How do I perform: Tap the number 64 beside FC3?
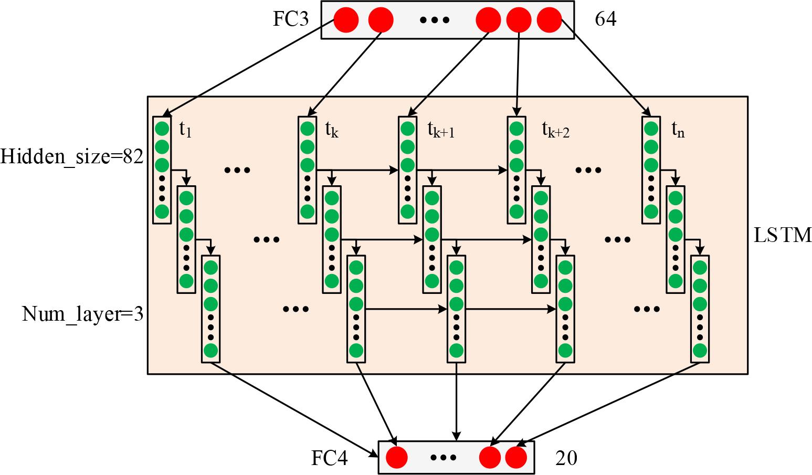pyautogui.click(x=605, y=20)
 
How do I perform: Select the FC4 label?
pyautogui.click(x=330, y=458)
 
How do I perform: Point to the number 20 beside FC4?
pyautogui.click(x=566, y=458)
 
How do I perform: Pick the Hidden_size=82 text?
pyautogui.click(x=72, y=156)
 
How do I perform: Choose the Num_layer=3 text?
pyautogui.click(x=82, y=314)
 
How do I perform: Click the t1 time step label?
pyautogui.click(x=185, y=129)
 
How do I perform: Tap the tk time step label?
pyautogui.click(x=331, y=129)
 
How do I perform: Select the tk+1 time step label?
pyautogui.click(x=440, y=129)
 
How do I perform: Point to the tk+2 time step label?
pyautogui.click(x=555, y=129)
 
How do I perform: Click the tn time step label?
pyautogui.click(x=678, y=129)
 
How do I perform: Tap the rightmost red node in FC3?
pyautogui.click(x=550, y=20)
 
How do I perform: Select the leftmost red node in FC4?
pyautogui.click(x=397, y=458)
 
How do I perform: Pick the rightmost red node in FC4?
pyautogui.click(x=516, y=458)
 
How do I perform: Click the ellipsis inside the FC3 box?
pyautogui.click(x=435, y=20)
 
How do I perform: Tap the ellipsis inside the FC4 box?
pyautogui.click(x=444, y=458)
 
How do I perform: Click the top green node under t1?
pyautogui.click(x=162, y=129)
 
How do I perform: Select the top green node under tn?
pyautogui.click(x=651, y=129)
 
